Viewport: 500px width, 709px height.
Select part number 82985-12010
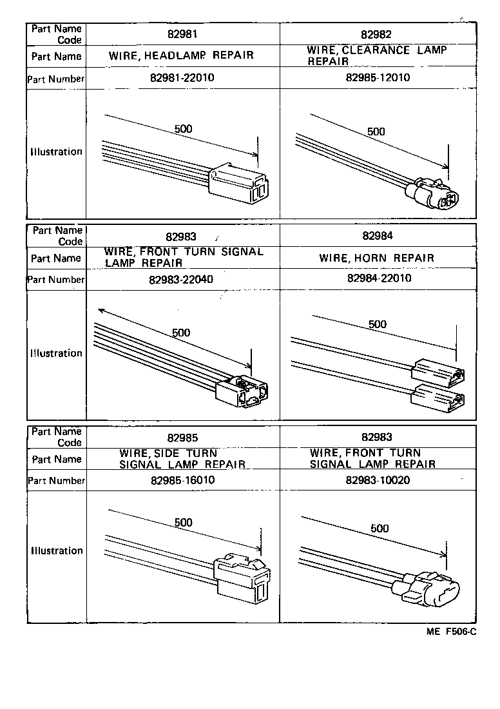pyautogui.click(x=378, y=78)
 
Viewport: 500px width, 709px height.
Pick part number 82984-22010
pyautogui.click(x=379, y=278)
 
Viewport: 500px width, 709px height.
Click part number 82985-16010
pyautogui.click(x=182, y=481)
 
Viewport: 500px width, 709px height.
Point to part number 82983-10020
pyautogui.click(x=378, y=481)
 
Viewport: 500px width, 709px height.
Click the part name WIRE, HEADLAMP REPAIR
pyautogui.click(x=182, y=55)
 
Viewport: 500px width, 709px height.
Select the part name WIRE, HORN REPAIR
pyautogui.click(x=377, y=258)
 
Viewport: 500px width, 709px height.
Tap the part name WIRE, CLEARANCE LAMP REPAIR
pyautogui.click(x=376, y=55)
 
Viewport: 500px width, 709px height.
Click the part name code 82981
pyautogui.click(x=182, y=34)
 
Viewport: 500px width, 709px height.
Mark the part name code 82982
pyautogui.click(x=377, y=34)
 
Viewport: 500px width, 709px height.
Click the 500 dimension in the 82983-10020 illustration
pyautogui.click(x=380, y=529)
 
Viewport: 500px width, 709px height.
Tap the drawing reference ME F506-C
pyautogui.click(x=451, y=632)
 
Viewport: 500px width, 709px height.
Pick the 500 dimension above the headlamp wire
pyautogui.click(x=183, y=129)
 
